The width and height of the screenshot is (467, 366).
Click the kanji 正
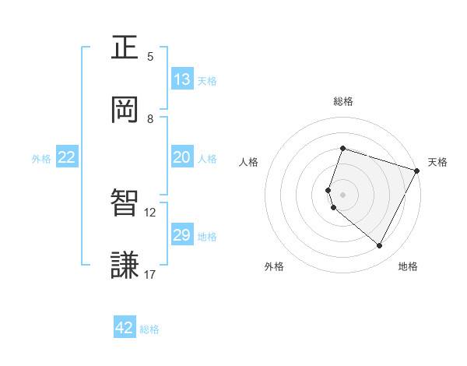tap(125, 48)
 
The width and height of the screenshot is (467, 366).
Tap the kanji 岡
tap(125, 109)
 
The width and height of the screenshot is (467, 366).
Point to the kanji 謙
tap(125, 265)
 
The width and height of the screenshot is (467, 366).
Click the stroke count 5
tap(150, 57)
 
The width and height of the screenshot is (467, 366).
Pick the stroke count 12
tap(150, 212)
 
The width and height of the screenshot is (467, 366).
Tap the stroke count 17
tap(150, 274)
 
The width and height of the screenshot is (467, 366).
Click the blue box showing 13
tap(182, 79)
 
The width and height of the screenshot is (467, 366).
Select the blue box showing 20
tap(182, 157)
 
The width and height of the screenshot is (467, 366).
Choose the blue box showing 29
tap(182, 235)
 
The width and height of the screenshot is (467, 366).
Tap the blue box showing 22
tap(67, 157)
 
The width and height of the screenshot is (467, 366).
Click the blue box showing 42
tap(125, 328)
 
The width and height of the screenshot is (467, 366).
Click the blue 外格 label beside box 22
tap(41, 159)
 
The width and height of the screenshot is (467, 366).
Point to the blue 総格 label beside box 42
tap(149, 329)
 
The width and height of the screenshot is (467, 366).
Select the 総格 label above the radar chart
tap(342, 101)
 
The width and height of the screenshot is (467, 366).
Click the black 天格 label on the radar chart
tap(437, 162)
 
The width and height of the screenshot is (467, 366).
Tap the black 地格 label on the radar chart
tap(408, 267)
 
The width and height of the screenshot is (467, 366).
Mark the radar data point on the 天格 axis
tap(417, 171)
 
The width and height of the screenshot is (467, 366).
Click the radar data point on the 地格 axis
tap(379, 246)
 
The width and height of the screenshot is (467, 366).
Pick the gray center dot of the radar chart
tap(342, 194)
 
